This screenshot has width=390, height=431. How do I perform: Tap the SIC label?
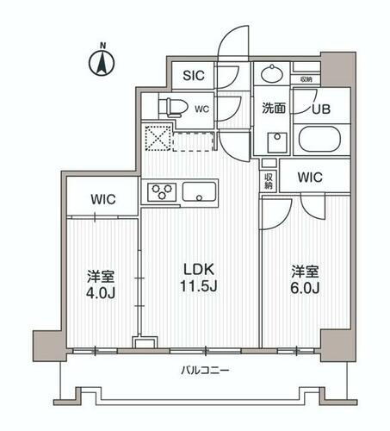(192, 75)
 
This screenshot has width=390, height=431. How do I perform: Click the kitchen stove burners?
(161, 191)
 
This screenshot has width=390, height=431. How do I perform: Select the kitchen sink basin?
(200, 191)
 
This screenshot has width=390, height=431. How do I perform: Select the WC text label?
(202, 109)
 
